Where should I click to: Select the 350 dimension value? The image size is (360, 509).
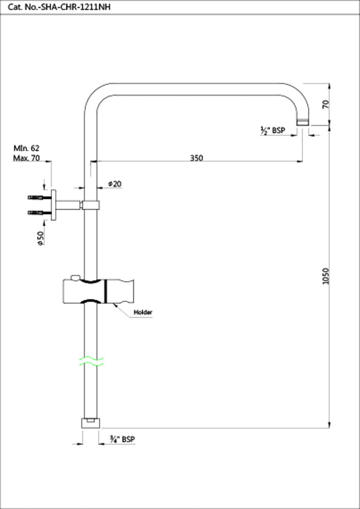click(197, 158)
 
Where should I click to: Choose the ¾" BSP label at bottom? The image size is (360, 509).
click(122, 439)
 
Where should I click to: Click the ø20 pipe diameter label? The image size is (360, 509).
click(115, 184)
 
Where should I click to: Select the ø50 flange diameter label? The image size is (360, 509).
click(40, 237)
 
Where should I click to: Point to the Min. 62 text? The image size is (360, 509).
click(26, 148)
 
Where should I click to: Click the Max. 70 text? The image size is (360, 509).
click(26, 158)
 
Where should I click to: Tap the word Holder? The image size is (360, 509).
click(143, 312)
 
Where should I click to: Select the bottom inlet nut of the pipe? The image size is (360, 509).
click(91, 423)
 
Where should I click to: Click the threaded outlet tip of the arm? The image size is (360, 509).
click(303, 122)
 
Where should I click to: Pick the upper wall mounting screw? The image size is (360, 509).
click(39, 196)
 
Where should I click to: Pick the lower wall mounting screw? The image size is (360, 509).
click(39, 212)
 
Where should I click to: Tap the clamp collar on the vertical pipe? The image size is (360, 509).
click(91, 205)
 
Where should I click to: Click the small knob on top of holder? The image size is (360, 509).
click(76, 278)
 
